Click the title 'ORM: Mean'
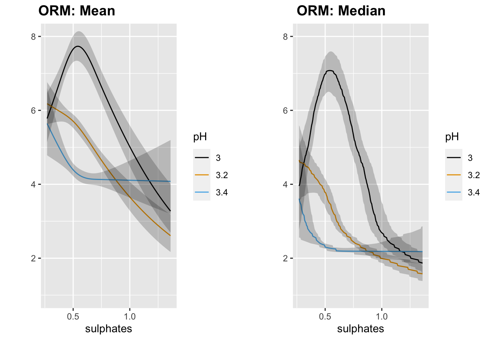pyautogui.click(x=77, y=11)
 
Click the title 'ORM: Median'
pyautogui.click(x=341, y=11)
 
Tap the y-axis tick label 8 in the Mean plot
pyautogui.click(x=33, y=37)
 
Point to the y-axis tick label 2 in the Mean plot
pyautogui.click(x=33, y=258)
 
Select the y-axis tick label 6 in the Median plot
pyautogui.click(x=285, y=111)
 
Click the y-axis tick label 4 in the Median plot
pyautogui.click(x=285, y=184)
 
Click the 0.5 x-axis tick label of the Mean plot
pyautogui.click(x=73, y=317)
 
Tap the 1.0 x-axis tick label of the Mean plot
pyautogui.click(x=130, y=317)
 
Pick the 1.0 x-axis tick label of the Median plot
pyautogui.click(x=382, y=317)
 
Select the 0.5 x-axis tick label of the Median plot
pyautogui.click(x=325, y=317)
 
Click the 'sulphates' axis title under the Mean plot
pyautogui.click(x=109, y=329)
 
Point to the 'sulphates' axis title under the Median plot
pyautogui.click(x=361, y=329)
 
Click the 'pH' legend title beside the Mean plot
pyautogui.click(x=200, y=137)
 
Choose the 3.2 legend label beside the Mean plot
pyautogui.click(x=222, y=175)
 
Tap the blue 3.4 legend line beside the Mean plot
pyautogui.click(x=202, y=192)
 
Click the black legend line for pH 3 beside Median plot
pyautogui.click(x=454, y=158)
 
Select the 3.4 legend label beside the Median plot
pyautogui.click(x=474, y=192)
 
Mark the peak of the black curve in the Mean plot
pyautogui.click(x=78, y=46)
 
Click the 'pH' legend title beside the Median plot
pyautogui.click(x=452, y=137)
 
